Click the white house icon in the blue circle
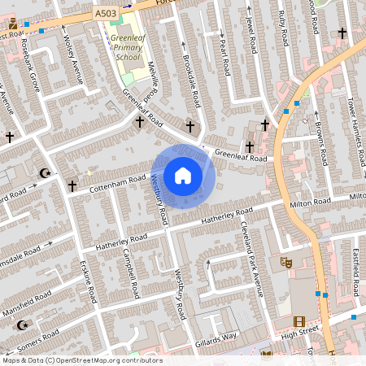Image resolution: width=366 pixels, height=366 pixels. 183,176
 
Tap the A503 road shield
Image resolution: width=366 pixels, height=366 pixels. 105,14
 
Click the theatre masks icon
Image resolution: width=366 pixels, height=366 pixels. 285,262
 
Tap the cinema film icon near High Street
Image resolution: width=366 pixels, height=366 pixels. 298,322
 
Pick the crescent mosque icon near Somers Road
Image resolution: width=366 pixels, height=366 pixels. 21,325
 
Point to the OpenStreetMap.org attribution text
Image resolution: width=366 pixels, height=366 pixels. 81,360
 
